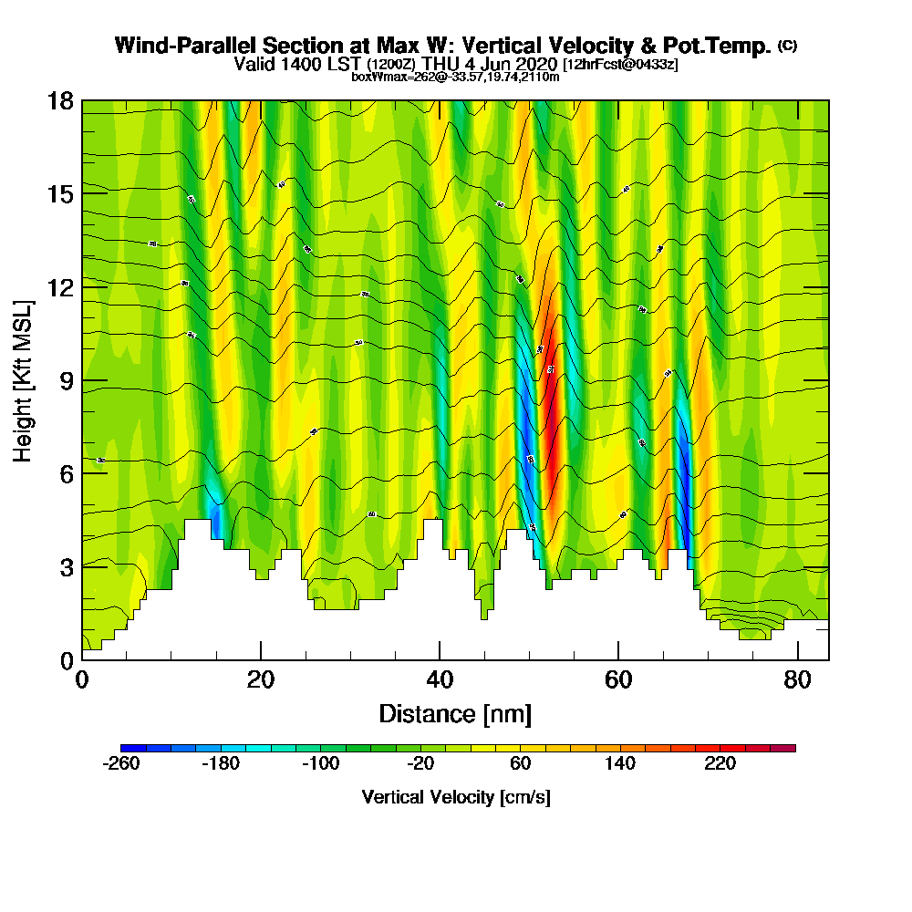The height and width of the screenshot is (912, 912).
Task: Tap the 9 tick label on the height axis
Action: pyautogui.click(x=66, y=380)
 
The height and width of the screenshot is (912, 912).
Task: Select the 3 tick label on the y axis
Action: pyautogui.click(x=66, y=566)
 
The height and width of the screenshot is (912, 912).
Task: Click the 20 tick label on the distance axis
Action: pyautogui.click(x=261, y=679)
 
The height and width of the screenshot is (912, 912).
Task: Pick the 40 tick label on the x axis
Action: pyautogui.click(x=440, y=679)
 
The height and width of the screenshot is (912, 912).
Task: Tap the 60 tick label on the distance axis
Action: pyautogui.click(x=618, y=679)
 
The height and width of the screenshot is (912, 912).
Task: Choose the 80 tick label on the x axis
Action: pyautogui.click(x=797, y=679)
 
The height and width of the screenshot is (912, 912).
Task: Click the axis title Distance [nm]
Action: pyautogui.click(x=455, y=713)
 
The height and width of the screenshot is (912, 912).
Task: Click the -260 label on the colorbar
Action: pyautogui.click(x=121, y=764)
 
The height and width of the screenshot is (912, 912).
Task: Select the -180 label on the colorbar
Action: pyautogui.click(x=221, y=764)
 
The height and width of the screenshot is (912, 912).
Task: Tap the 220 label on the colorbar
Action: pyautogui.click(x=720, y=764)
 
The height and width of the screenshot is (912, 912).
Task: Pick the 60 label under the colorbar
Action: pyautogui.click(x=521, y=764)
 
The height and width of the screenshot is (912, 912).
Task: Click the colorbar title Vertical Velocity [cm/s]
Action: pyautogui.click(x=456, y=797)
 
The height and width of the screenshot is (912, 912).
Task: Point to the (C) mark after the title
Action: pyautogui.click(x=787, y=45)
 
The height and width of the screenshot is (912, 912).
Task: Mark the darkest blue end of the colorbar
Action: pyautogui.click(x=126, y=748)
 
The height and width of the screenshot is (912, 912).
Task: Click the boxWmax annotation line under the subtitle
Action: pyautogui.click(x=455, y=77)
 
